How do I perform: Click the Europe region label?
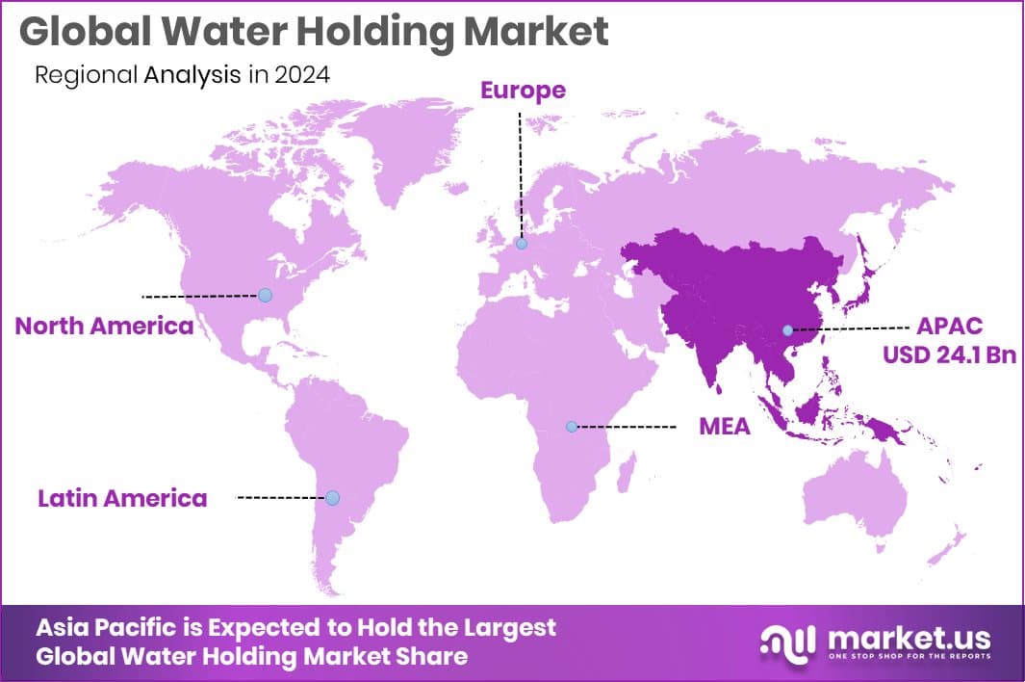click(x=523, y=91)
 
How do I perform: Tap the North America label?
click(x=104, y=326)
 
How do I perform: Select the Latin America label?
click(x=122, y=498)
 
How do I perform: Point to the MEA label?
click(x=724, y=426)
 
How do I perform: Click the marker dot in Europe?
click(x=521, y=245)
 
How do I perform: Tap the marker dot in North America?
click(x=265, y=295)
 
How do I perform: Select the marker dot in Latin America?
click(x=332, y=498)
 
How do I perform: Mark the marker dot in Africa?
click(x=571, y=426)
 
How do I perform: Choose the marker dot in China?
click(x=787, y=329)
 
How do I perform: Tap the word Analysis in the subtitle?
click(x=192, y=75)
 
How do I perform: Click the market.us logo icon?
click(x=787, y=640)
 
